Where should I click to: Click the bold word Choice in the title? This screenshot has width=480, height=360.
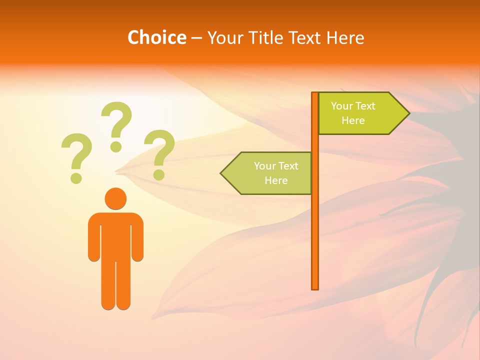[156, 37]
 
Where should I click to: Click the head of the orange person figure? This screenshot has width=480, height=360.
[115, 198]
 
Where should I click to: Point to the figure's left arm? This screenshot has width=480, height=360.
[94, 240]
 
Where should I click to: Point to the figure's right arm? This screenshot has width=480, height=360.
[137, 240]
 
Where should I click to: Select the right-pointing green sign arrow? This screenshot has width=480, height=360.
[360, 113]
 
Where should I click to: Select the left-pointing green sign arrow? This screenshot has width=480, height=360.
[270, 173]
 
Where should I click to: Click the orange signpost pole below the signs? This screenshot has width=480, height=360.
[315, 240]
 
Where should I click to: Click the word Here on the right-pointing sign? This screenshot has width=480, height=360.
[353, 120]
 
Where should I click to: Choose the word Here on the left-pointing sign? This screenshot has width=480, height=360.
[276, 180]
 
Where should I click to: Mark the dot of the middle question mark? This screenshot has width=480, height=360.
[116, 146]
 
